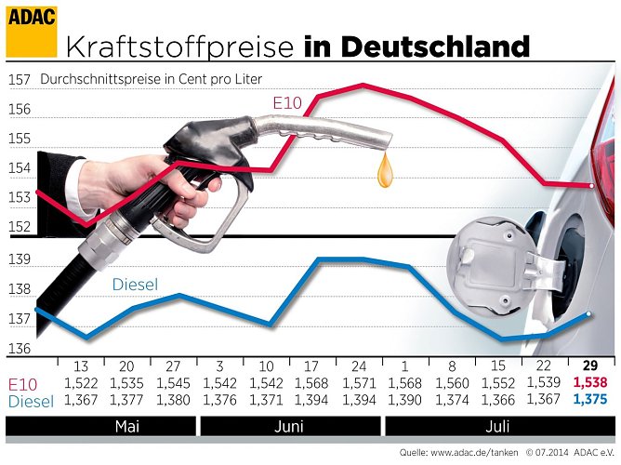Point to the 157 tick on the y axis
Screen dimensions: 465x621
coord(19,80)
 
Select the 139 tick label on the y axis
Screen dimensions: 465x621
coord(19,259)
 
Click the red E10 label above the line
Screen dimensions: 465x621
coord(287,103)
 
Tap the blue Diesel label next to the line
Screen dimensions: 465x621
coord(136,285)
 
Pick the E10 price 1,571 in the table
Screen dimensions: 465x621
coord(359,383)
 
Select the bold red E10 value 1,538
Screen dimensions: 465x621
coord(588,382)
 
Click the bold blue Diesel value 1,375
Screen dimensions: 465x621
coord(588,400)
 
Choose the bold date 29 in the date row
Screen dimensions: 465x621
coord(589,365)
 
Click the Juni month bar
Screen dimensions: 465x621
coord(289,427)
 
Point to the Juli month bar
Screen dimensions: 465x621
coord(499,427)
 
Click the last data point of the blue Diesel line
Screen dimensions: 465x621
coord(589,314)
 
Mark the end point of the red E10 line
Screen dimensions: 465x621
coord(589,185)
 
